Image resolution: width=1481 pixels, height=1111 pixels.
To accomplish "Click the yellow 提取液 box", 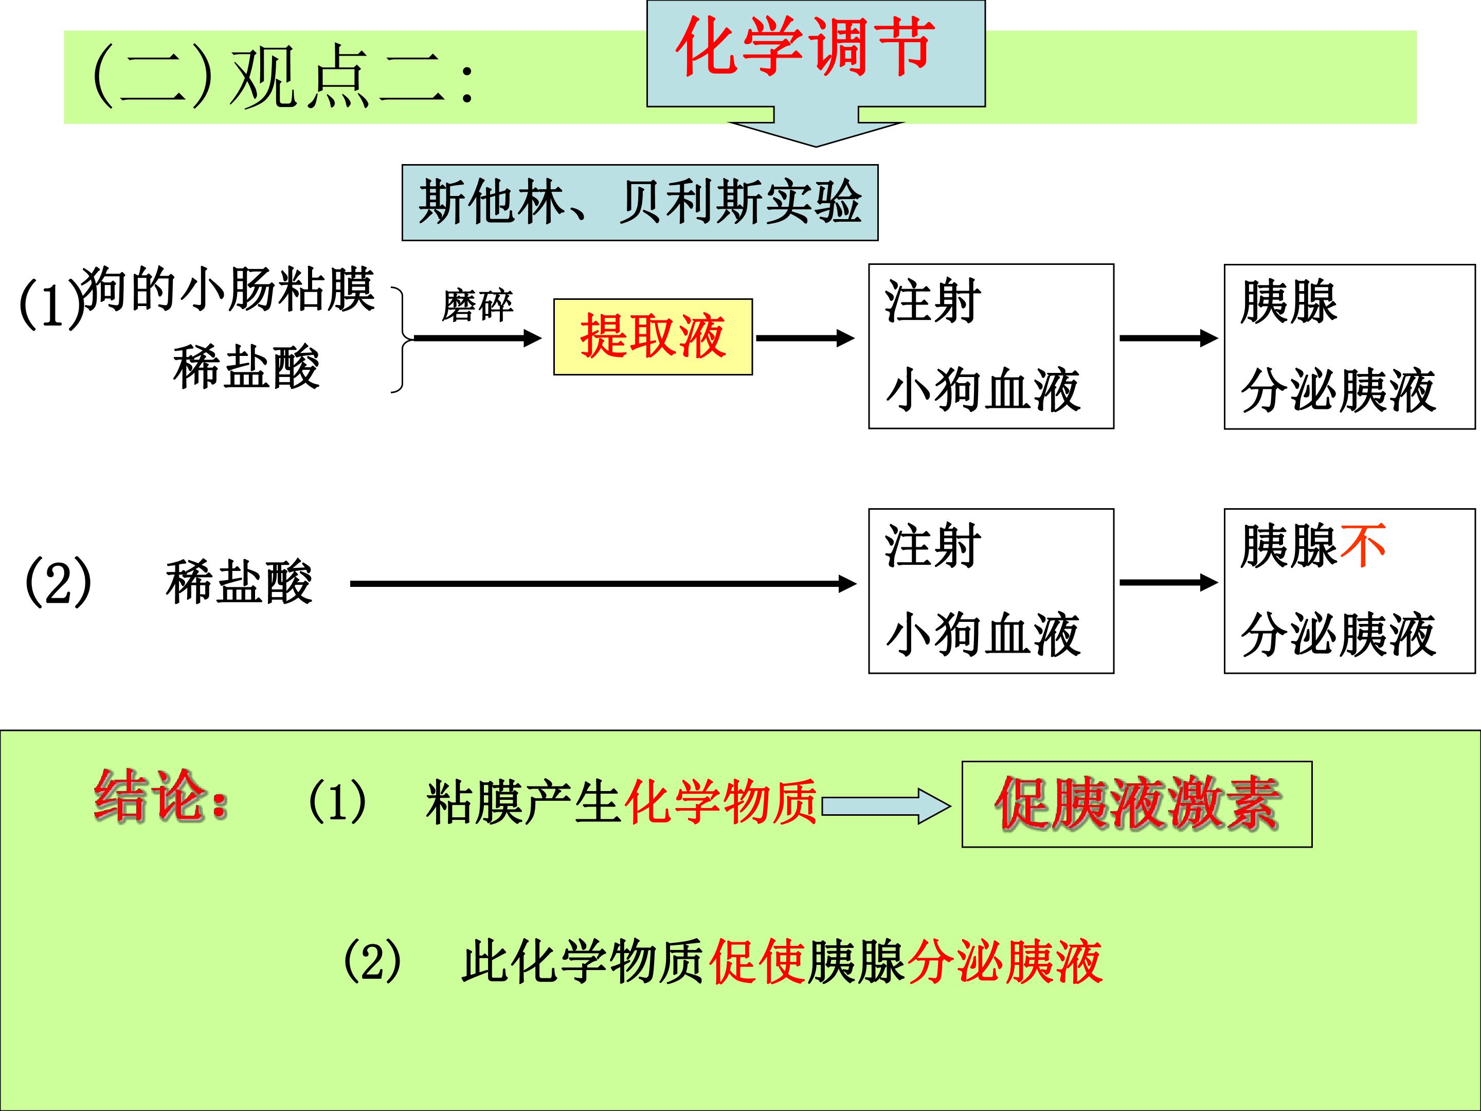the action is click(x=653, y=337).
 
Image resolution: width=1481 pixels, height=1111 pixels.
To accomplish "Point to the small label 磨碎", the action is click(x=477, y=306).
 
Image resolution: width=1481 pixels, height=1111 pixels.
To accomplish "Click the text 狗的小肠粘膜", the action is click(x=228, y=289).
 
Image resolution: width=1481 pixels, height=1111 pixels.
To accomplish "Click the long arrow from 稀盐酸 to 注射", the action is click(x=603, y=584).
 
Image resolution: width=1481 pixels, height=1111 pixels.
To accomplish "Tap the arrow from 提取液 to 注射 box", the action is click(x=805, y=338).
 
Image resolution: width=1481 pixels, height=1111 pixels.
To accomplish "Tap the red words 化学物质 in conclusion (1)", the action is click(x=720, y=801).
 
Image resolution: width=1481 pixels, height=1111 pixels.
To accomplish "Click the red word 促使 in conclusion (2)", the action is click(x=756, y=962).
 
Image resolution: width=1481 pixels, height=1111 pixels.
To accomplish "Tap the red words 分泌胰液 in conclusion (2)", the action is click(x=1005, y=962).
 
